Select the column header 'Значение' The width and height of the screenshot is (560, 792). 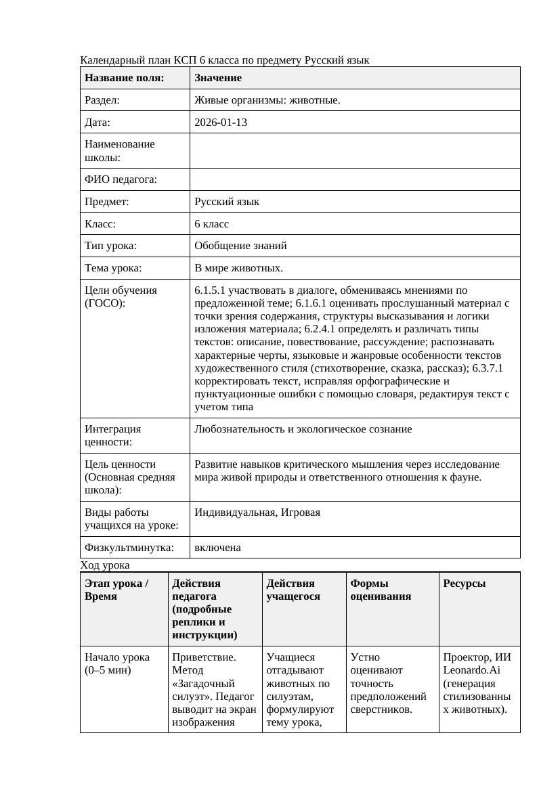coord(218,78)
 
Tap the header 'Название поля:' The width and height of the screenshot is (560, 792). coord(125,78)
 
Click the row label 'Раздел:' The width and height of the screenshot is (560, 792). coord(102,100)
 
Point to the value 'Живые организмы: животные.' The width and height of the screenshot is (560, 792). coord(267,100)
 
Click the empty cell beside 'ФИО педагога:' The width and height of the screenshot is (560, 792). coord(354,179)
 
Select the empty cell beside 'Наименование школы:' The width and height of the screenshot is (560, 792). coord(354,150)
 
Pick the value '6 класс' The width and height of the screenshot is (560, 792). coord(211,223)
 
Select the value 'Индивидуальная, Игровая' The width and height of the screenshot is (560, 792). coord(257,512)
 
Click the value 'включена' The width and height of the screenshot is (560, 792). coord(217,548)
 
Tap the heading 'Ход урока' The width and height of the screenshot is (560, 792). coord(105,565)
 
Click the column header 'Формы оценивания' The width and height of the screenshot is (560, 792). coord(380,590)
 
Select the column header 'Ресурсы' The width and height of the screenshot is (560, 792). coord(464,584)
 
